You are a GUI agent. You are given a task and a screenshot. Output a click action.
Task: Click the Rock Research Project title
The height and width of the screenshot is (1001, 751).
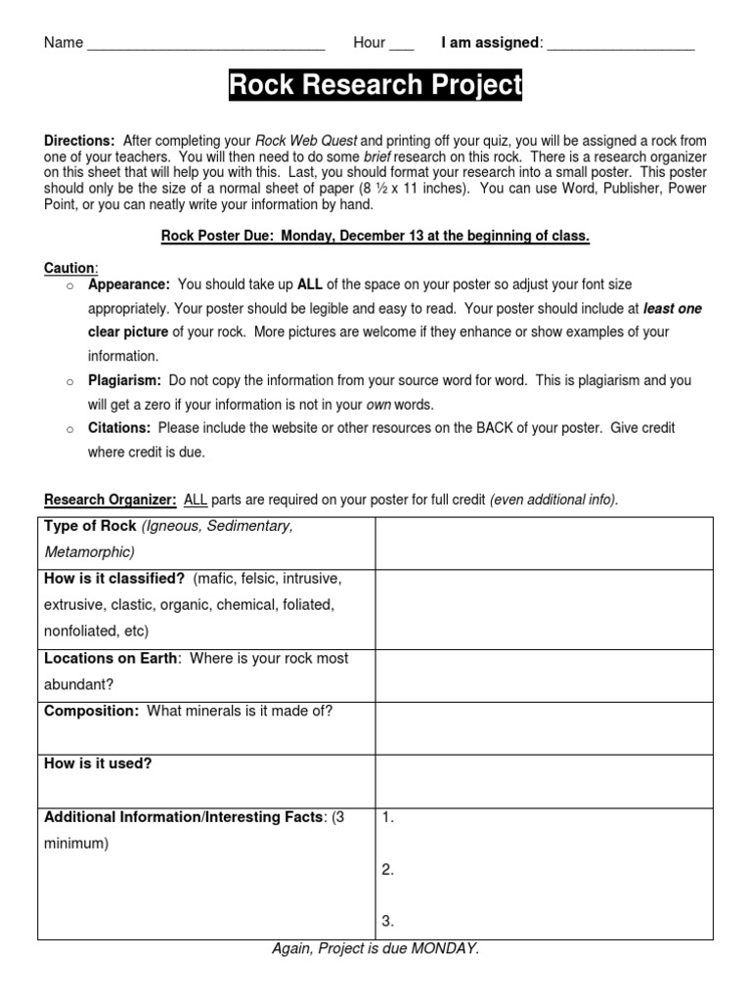[375, 86]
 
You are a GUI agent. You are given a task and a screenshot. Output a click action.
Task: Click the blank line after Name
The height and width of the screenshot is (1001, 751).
[205, 45]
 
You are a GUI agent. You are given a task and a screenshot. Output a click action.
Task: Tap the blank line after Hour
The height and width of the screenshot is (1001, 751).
[401, 45]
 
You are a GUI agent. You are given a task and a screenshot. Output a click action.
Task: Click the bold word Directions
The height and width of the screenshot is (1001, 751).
[79, 141]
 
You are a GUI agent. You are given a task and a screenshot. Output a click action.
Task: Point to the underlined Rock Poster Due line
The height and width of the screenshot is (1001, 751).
[375, 237]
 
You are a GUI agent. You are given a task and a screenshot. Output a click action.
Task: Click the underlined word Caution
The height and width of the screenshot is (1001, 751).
[69, 268]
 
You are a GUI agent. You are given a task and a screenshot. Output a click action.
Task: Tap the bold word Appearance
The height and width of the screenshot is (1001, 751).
[129, 284]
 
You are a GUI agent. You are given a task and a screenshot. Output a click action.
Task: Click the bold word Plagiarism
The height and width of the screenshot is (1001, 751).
[125, 380]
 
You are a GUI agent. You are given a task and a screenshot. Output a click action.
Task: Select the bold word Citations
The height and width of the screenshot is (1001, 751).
[119, 428]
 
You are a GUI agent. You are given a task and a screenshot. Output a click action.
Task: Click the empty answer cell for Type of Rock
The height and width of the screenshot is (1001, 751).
[544, 543]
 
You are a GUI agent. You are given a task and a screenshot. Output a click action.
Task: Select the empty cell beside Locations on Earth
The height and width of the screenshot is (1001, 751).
[544, 674]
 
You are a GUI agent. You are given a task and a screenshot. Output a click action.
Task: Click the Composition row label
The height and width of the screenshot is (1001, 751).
[92, 711]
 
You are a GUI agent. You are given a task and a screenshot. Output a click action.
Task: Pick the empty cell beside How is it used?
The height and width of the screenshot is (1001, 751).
[544, 780]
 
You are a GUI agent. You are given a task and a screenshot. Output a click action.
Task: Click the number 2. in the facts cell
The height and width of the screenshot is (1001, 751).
[388, 870]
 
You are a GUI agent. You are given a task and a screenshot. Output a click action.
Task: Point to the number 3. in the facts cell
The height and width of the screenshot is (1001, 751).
[388, 921]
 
